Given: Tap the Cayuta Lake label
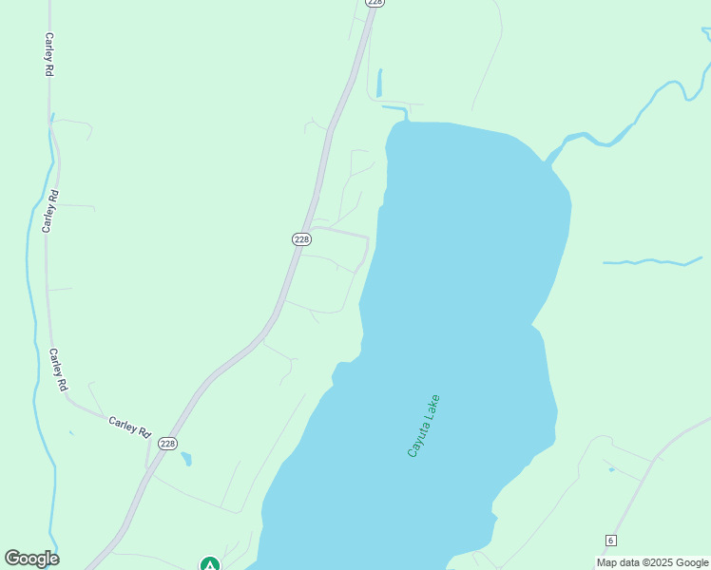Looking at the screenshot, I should coord(423,426).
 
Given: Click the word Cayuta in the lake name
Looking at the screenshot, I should coord(416,441).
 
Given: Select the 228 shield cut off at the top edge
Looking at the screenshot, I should coord(375,3).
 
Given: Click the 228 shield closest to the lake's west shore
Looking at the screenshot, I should coord(301,239).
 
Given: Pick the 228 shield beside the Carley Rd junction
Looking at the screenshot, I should coord(167,444).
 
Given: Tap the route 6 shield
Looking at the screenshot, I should coord(610,541).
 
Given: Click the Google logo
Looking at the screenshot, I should coord(31,559).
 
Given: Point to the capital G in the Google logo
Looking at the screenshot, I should coord(12,559).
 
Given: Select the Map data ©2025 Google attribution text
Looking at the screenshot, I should coord(652,562).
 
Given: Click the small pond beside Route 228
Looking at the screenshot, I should coord(186,460).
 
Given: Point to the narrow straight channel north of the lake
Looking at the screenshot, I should coord(379,83).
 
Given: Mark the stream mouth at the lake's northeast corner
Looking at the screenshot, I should coord(549,158).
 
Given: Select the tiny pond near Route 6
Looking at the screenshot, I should coord(610,469).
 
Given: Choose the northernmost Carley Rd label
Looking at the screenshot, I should coord(48,54).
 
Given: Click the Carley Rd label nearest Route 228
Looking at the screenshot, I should coord(129,427).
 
